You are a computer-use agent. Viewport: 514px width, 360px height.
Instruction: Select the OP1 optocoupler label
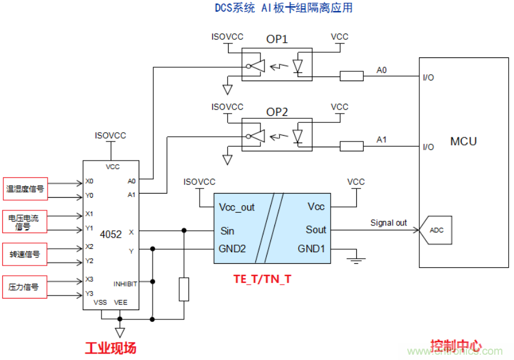pyautogui.click(x=277, y=40)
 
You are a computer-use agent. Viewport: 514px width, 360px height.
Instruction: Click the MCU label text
pyautogui.click(x=463, y=141)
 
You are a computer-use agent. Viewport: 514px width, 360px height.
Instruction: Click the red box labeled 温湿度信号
pyautogui.click(x=25, y=188)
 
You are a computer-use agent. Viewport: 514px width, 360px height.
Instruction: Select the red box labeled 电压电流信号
pyautogui.click(x=25, y=222)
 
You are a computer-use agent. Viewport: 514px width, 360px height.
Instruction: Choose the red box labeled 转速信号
pyautogui.click(x=25, y=254)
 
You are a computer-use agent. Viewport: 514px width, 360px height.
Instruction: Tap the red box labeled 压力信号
pyautogui.click(x=25, y=287)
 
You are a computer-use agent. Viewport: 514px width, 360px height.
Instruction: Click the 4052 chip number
pyautogui.click(x=111, y=235)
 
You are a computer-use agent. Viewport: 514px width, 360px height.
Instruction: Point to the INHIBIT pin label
pyautogui.click(x=125, y=283)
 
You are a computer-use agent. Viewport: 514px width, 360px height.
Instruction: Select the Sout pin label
pyautogui.click(x=316, y=230)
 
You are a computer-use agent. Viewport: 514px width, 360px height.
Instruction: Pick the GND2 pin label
pyautogui.click(x=232, y=249)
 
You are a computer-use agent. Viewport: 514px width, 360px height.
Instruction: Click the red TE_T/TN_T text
pyautogui.click(x=262, y=279)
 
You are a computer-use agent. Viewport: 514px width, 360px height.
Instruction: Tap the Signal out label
pyautogui.click(x=389, y=223)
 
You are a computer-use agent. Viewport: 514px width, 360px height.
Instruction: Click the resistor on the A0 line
pyautogui.click(x=352, y=75)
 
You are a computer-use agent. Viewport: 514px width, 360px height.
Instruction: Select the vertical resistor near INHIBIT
pyautogui.click(x=184, y=289)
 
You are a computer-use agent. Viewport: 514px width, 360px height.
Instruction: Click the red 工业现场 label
pyautogui.click(x=111, y=348)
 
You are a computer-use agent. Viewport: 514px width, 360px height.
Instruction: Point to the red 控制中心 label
pyautogui.click(x=455, y=346)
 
